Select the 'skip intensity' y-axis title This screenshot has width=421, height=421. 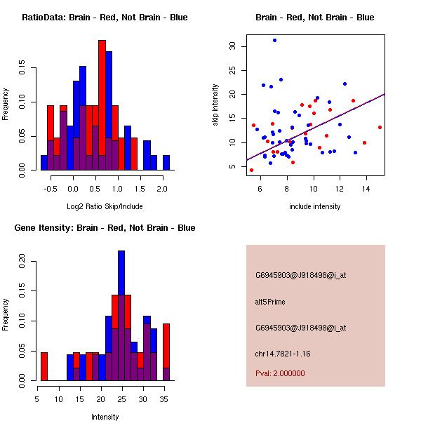click(x=215, y=105)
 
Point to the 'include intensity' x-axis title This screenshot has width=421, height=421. click(x=315, y=206)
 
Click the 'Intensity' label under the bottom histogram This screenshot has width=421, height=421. click(x=105, y=417)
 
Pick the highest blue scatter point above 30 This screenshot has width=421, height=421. click(x=274, y=40)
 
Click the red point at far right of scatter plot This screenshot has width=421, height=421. click(x=380, y=127)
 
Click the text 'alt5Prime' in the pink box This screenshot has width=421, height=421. click(x=270, y=302)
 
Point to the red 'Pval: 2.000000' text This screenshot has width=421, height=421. click(x=280, y=373)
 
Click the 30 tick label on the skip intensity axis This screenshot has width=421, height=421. click(x=233, y=46)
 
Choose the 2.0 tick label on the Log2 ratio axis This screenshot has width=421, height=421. click(x=162, y=189)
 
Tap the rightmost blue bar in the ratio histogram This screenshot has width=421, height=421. click(x=166, y=163)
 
